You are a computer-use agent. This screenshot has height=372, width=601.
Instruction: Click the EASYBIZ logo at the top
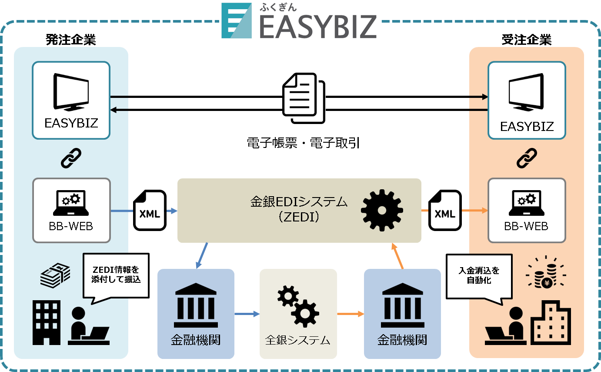click(x=299, y=21)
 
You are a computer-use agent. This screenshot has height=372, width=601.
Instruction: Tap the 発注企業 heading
click(x=71, y=40)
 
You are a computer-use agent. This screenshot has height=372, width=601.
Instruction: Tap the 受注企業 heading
click(x=527, y=40)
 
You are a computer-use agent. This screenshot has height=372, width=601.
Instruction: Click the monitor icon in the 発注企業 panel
click(x=71, y=92)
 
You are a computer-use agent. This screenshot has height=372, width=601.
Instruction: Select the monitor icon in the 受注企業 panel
click(x=527, y=93)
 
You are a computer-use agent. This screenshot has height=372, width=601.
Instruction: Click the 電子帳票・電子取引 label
click(x=303, y=143)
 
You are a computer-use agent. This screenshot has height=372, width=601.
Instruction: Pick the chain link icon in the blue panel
click(x=71, y=158)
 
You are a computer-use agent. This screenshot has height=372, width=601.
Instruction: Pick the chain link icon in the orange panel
click(x=527, y=158)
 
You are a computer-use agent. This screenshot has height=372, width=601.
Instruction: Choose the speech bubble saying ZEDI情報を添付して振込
click(x=116, y=275)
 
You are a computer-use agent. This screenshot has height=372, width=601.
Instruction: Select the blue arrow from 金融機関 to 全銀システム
click(x=247, y=313)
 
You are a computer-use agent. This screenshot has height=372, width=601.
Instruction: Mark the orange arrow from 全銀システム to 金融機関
click(x=351, y=313)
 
